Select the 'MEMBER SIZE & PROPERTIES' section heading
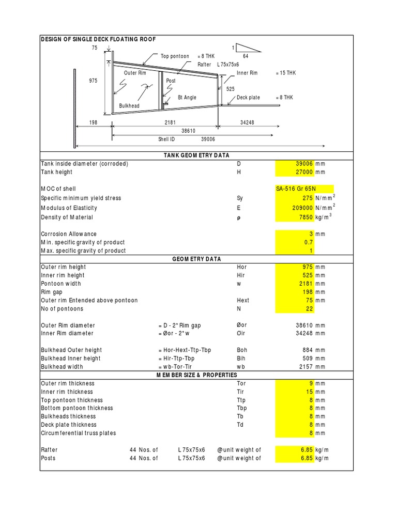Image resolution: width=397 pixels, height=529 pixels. [197, 375]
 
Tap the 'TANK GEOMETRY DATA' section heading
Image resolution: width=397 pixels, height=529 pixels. [197, 155]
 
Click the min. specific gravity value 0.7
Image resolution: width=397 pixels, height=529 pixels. [308, 242]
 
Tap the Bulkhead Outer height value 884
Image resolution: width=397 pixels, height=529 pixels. [307, 350]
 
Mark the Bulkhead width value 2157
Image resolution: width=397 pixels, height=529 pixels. [305, 367]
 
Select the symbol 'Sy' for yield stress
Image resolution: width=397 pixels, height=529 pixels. [240, 198]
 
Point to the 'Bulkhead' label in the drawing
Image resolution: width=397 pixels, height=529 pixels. [129, 106]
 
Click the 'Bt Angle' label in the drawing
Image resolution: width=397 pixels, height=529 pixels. [187, 98]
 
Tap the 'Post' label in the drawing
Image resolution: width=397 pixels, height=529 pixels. [171, 81]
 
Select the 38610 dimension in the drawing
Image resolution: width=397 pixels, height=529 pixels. [192, 132]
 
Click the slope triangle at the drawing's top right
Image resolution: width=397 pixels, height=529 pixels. [248, 48]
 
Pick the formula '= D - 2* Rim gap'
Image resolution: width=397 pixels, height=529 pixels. [179, 325]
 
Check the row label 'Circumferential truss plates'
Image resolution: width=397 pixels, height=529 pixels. [79, 433]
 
